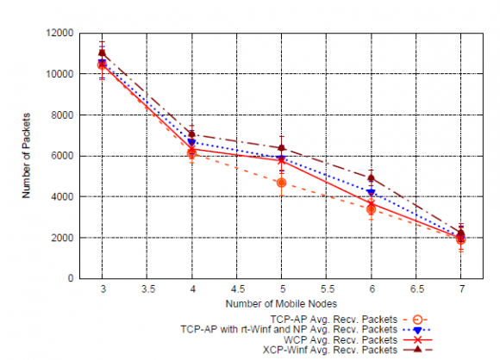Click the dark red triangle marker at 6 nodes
[x=371, y=177]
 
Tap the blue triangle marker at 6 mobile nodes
[x=371, y=192]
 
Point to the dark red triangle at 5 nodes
[x=281, y=147]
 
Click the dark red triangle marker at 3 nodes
[x=102, y=53]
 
